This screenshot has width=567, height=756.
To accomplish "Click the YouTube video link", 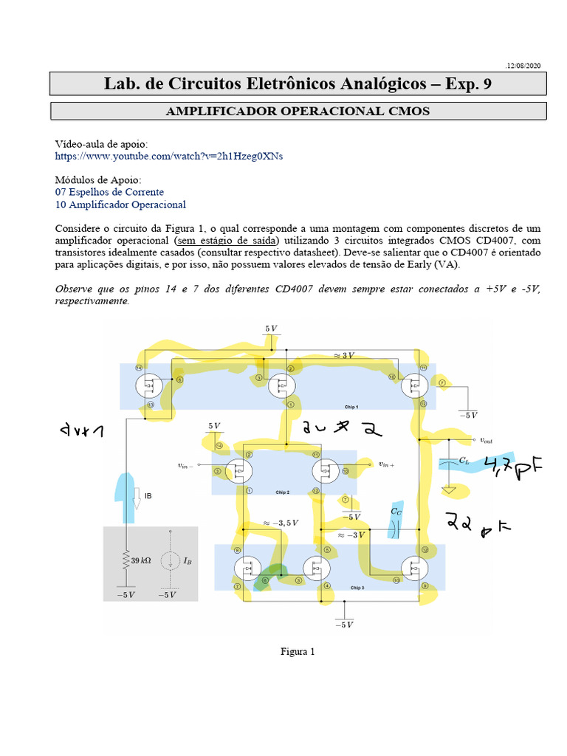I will [169, 157].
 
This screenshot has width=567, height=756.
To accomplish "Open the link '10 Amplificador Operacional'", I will [120, 205].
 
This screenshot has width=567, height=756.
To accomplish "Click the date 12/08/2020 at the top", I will [523, 66].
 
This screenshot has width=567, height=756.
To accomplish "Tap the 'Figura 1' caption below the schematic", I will [298, 651].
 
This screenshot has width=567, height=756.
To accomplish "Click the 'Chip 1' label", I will [351, 407].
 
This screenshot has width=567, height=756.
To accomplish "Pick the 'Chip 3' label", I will [357, 587].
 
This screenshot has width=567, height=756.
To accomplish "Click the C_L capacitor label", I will [464, 460].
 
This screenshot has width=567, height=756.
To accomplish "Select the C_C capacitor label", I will [396, 510].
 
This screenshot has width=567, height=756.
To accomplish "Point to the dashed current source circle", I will [170, 561].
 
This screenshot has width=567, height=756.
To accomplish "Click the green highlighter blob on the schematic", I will [275, 574].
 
